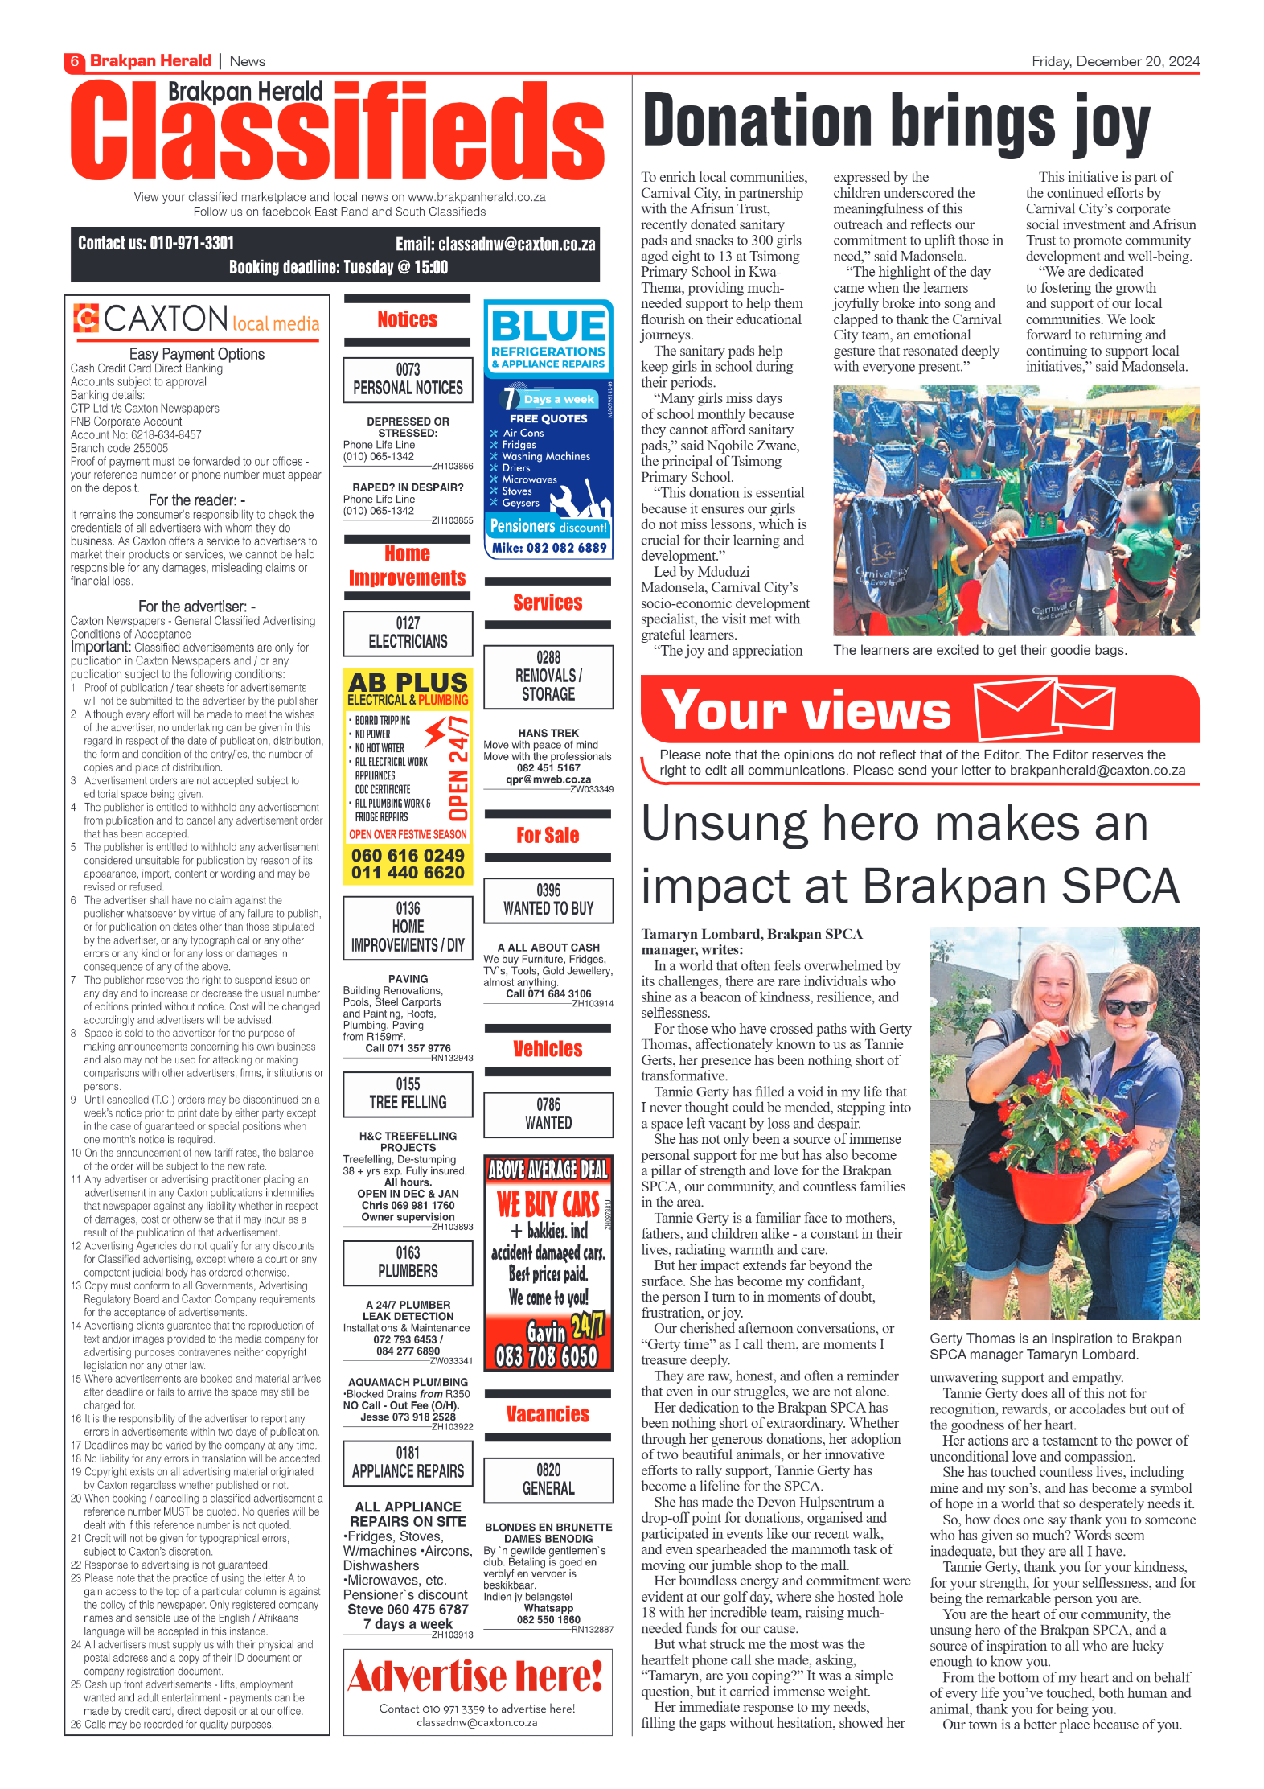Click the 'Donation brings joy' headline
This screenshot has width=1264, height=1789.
pos(896,122)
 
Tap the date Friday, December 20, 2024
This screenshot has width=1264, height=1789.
pos(1115,61)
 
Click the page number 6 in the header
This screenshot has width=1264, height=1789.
pos(74,61)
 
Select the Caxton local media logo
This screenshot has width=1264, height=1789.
pos(197,319)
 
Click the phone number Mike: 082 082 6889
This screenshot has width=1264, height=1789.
pos(549,548)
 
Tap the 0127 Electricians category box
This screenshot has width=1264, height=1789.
pos(408,632)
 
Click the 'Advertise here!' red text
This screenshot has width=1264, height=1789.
pos(476,1678)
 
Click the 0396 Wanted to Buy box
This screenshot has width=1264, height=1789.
pos(548,899)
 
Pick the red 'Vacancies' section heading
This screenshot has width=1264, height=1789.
pos(548,1414)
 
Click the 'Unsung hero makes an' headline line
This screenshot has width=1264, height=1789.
pos(894,825)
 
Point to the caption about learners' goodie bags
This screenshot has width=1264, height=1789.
pos(979,650)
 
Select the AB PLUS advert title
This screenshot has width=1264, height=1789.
pos(408,682)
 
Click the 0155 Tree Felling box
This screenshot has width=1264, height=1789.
pos(408,1093)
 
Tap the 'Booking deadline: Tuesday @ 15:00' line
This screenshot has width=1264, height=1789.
pos(339,267)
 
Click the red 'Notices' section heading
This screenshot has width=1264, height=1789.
pos(408,319)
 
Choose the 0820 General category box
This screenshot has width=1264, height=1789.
pos(548,1479)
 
